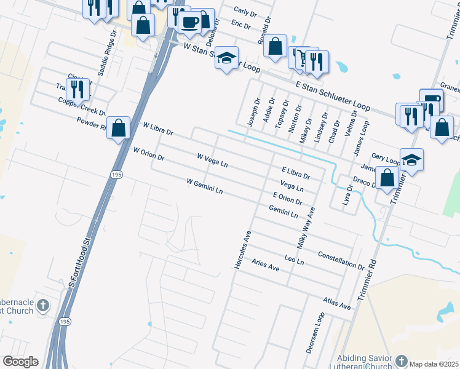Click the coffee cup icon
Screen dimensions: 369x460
point(189,23)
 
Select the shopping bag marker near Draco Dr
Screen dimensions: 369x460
point(387,178)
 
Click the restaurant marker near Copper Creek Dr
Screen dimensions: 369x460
point(77,89)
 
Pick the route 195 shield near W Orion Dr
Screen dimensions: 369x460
point(117,175)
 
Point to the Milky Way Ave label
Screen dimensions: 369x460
point(306,228)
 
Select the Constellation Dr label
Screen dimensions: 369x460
point(341,259)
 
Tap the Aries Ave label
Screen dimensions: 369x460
point(266,265)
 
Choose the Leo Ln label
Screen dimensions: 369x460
point(295,258)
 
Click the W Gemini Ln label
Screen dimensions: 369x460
point(204,186)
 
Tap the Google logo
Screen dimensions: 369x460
point(20,362)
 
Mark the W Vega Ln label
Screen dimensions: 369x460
point(213,161)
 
